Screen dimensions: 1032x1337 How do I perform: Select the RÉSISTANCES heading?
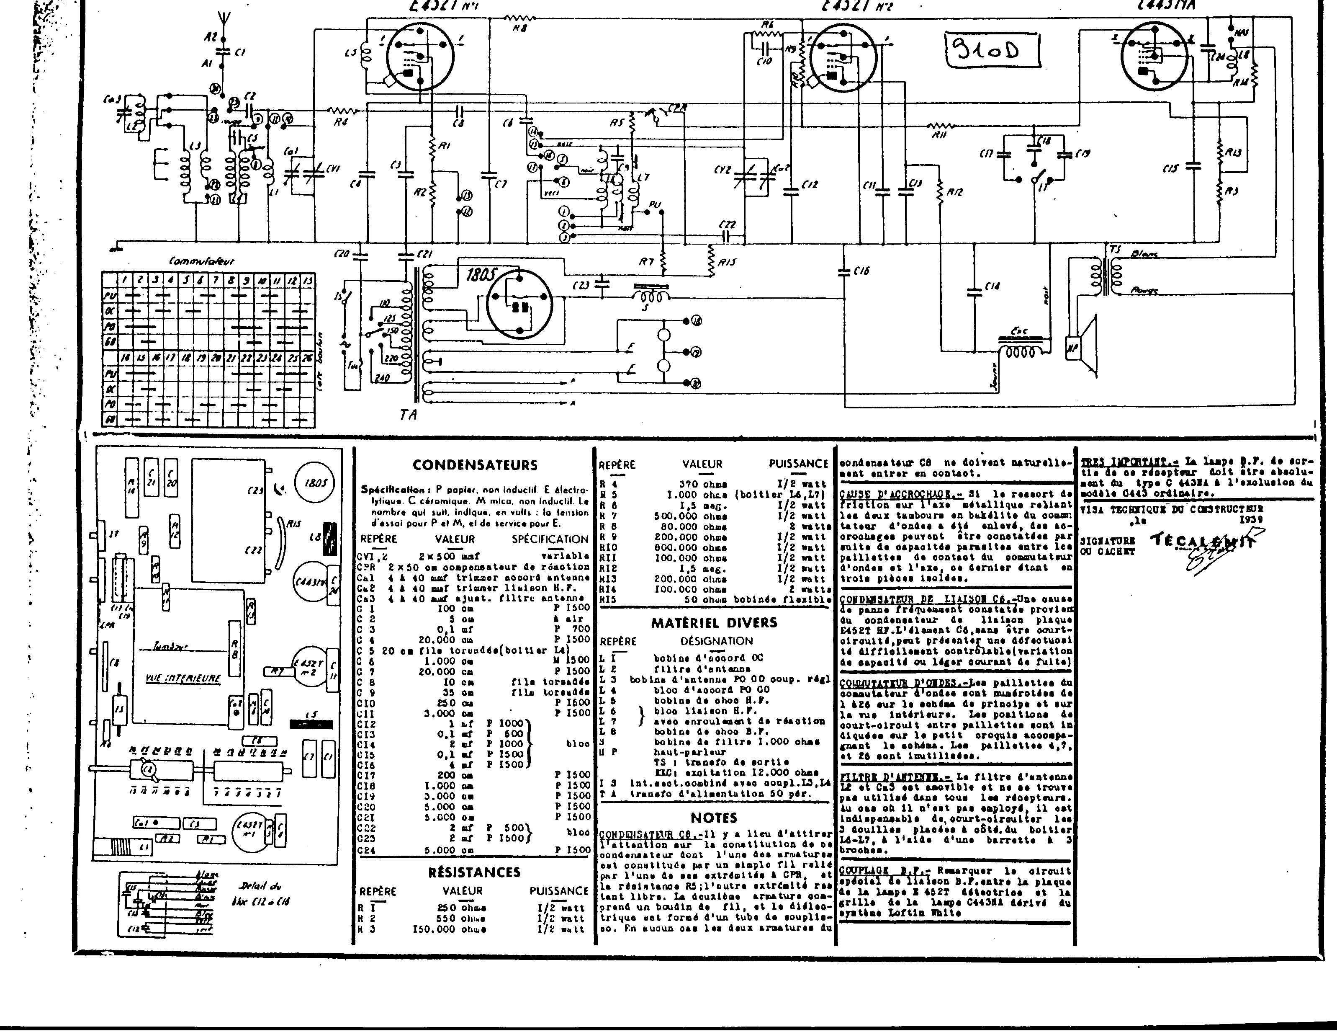coord(474,872)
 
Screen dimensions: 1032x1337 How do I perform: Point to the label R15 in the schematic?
coord(727,262)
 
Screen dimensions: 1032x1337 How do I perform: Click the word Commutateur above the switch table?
coord(201,261)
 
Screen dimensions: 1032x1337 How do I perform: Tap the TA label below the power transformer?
coord(408,415)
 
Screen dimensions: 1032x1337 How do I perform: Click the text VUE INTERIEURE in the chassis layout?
coord(183,678)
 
